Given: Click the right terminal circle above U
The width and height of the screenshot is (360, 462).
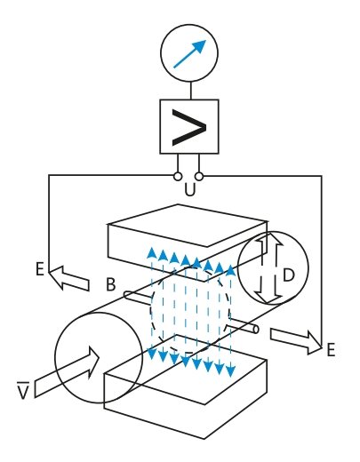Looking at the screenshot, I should point(202,176).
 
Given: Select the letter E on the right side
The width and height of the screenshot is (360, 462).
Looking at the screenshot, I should point(330,350).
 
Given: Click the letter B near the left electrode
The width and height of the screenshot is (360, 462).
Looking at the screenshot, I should point(111,285).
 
